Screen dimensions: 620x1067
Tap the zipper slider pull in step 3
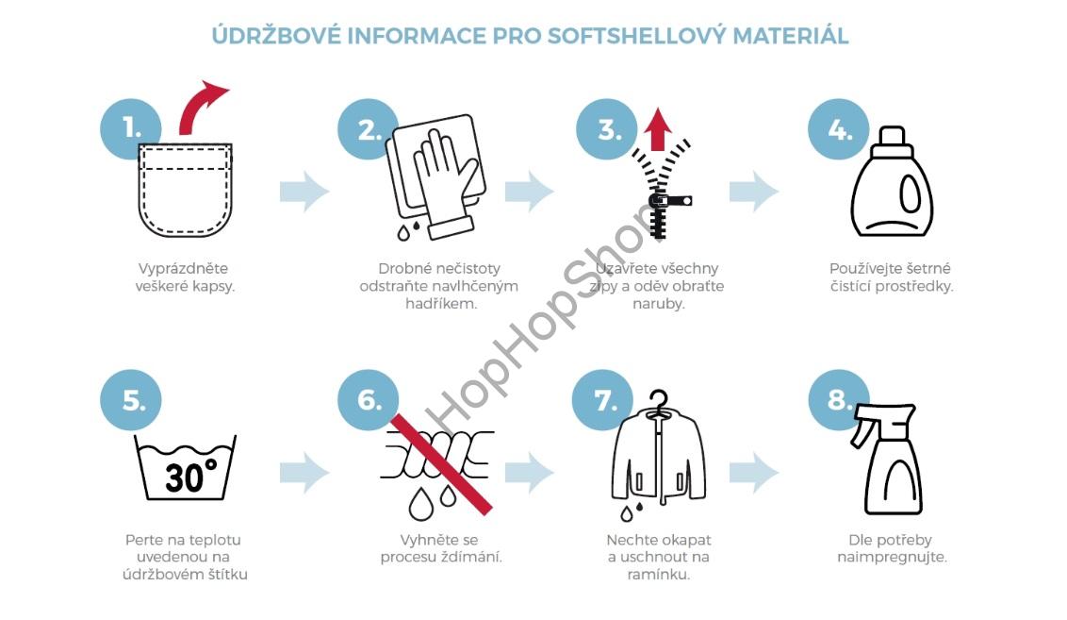673,200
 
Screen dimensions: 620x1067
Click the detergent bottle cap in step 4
892,142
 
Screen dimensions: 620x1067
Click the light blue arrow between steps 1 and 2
304,192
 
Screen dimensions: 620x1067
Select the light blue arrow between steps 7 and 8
753,473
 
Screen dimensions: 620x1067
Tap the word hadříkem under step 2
440,304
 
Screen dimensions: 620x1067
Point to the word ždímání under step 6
469,557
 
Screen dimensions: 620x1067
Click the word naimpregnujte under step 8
892,557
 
